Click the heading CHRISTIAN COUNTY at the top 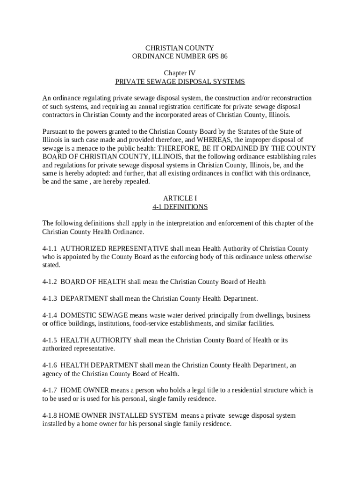[x=180, y=48]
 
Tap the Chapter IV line [x=180, y=73]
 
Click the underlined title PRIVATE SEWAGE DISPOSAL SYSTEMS [x=180, y=81]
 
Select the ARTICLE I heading [x=180, y=198]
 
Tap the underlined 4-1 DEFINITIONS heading [x=180, y=207]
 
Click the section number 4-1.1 [x=50, y=248]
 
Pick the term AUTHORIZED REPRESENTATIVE [x=115, y=248]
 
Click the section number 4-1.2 [x=50, y=282]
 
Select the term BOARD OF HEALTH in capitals [x=93, y=282]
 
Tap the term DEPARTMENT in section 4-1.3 [x=84, y=298]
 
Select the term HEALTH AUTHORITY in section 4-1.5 [x=96, y=340]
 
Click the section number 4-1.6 [x=50, y=365]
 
